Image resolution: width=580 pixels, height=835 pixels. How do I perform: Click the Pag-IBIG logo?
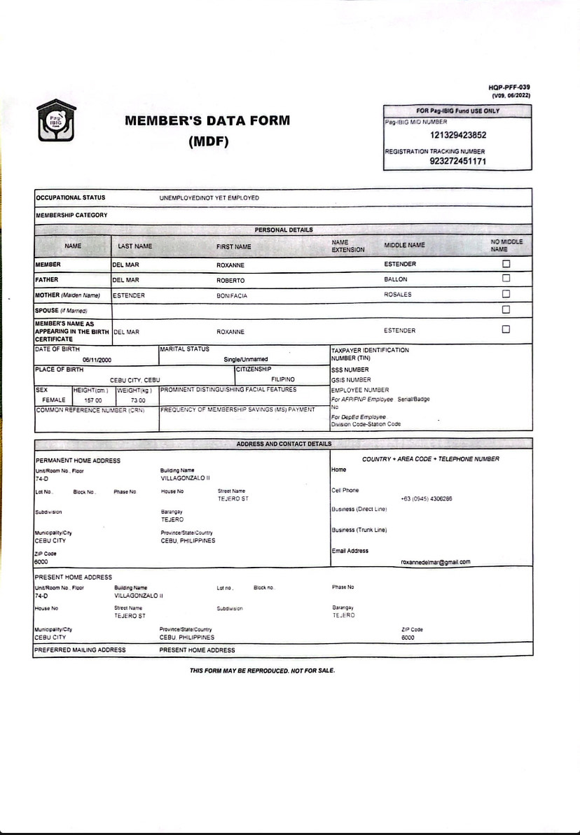[x=55, y=120]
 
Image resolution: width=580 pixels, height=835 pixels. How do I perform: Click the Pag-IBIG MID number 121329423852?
[x=458, y=136]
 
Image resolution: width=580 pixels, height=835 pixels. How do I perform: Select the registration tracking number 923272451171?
[x=458, y=161]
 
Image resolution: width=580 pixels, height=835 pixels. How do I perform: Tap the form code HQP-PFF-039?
[x=509, y=87]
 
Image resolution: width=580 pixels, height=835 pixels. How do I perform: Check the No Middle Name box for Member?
[x=506, y=264]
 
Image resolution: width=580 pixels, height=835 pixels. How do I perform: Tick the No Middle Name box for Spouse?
[x=506, y=309]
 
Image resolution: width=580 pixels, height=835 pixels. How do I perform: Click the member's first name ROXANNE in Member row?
[x=230, y=265]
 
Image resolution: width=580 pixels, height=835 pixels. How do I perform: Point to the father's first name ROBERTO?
[x=230, y=281]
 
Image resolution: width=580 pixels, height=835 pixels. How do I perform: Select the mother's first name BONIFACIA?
[x=232, y=296]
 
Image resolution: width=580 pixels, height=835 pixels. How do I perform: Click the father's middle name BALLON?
[x=396, y=279]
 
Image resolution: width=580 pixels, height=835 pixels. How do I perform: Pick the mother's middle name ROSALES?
[x=398, y=295]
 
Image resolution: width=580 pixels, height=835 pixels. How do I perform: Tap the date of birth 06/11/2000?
[x=96, y=360]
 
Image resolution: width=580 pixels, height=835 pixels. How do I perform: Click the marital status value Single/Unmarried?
[x=246, y=360]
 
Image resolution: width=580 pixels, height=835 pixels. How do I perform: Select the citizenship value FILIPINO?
[x=283, y=379]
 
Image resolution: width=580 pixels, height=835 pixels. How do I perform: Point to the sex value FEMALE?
[x=54, y=400]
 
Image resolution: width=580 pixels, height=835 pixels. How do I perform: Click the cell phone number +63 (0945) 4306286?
[x=426, y=499]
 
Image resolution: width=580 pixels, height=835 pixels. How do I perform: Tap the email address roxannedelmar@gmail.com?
[x=435, y=562]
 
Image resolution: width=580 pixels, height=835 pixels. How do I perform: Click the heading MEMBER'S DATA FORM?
[x=207, y=120]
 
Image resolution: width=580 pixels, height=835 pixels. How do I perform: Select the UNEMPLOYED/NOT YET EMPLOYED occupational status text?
[x=209, y=198]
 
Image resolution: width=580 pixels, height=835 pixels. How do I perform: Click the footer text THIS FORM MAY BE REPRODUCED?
[x=262, y=671]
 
